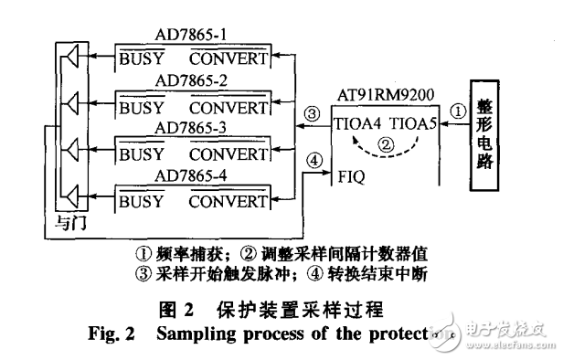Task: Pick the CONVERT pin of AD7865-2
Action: [x=228, y=103]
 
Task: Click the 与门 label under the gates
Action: [x=70, y=222]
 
